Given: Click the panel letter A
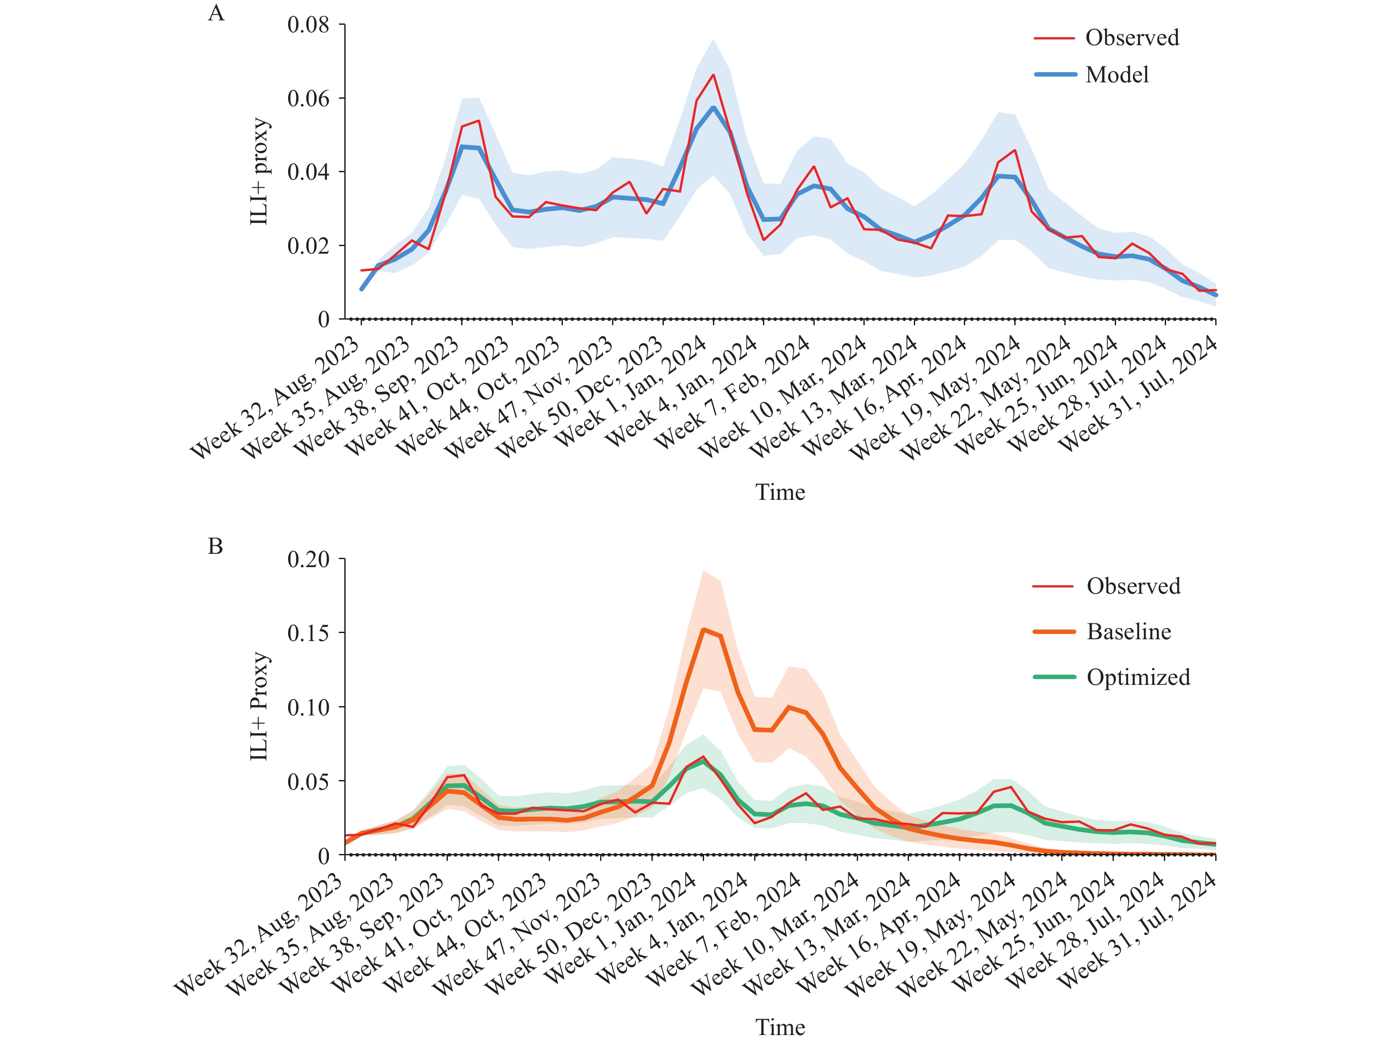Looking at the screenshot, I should [216, 13].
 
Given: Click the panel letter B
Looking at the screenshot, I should [216, 546].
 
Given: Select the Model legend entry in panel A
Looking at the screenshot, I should [1117, 75].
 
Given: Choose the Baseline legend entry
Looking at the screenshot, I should [1128, 632].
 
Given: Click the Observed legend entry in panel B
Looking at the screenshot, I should [1133, 587].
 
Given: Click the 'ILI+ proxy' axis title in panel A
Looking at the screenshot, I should [260, 171].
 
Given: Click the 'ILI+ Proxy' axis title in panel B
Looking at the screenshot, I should [260, 706].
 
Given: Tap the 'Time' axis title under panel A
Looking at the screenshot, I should [780, 492].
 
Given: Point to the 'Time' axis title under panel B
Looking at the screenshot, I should [780, 1027].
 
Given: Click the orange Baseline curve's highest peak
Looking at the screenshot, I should [703, 630].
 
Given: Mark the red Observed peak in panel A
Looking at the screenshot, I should [713, 75].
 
